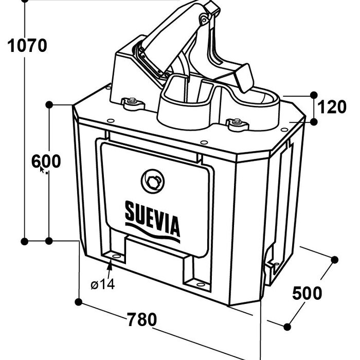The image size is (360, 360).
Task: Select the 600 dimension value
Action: click(x=46, y=161)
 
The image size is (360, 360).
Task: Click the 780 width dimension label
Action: click(x=141, y=319)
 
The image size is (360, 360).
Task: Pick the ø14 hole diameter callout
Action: click(x=103, y=284)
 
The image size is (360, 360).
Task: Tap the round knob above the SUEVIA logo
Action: click(x=152, y=181)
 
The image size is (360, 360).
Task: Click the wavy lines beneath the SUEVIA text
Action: click(x=153, y=234)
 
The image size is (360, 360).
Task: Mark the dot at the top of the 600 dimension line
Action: click(x=49, y=104)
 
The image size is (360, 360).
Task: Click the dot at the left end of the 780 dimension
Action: click(x=79, y=300)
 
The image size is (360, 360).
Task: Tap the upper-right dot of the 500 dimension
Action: click(x=335, y=259)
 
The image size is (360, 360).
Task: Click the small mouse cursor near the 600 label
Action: click(x=43, y=170)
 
